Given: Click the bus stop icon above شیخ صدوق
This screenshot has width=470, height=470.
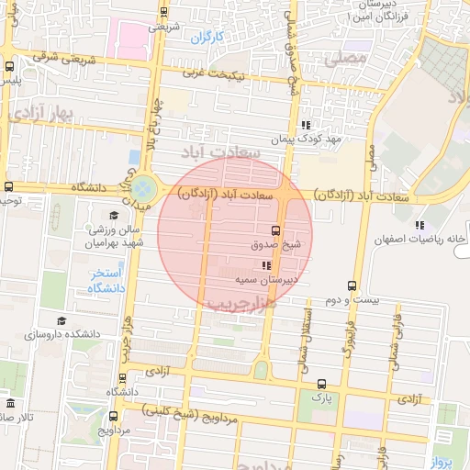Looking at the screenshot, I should tap(276, 230).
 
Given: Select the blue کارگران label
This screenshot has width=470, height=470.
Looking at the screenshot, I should tap(207, 38).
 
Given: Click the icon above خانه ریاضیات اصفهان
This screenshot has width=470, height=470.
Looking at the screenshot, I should tap(420, 225).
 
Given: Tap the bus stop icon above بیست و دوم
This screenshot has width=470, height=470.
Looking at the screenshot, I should tap(352, 285).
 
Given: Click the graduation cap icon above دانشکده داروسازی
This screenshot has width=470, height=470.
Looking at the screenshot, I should tap(62, 320).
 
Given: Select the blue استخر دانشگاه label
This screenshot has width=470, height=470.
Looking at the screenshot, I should tap(106, 281).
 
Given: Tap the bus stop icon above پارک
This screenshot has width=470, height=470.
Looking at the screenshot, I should tap(320, 385).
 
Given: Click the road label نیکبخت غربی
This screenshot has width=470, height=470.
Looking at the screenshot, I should tap(214, 73).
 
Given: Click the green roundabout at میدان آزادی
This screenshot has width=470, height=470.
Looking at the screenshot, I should tap(142, 190).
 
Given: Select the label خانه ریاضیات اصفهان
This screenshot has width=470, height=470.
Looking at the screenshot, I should tap(420, 240).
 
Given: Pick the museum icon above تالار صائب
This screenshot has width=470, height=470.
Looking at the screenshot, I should tap(10, 404).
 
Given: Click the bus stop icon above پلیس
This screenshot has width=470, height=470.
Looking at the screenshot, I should tap(9, 66).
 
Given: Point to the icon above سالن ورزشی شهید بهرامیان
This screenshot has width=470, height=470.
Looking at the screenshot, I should tap(113, 215).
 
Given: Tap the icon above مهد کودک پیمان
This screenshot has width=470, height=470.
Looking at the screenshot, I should tap(307, 125).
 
